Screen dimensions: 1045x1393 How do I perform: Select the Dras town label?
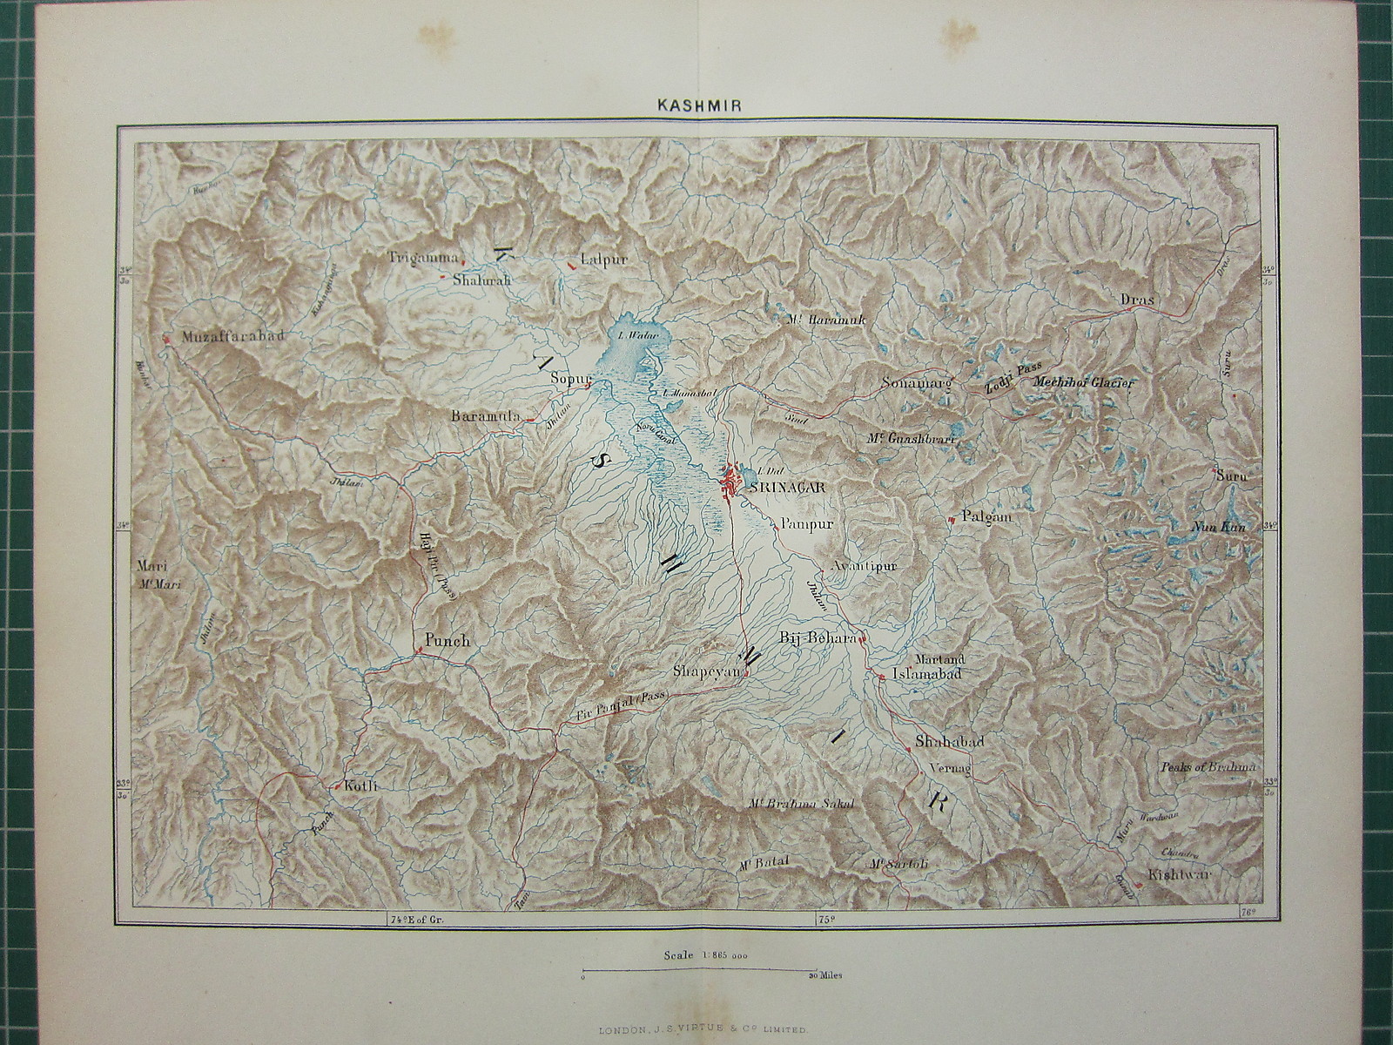(x=1136, y=300)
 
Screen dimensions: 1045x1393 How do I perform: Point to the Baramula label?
(x=485, y=417)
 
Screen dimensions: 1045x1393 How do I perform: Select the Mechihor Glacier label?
(x=1084, y=381)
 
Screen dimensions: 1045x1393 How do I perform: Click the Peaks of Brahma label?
(x=1208, y=767)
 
